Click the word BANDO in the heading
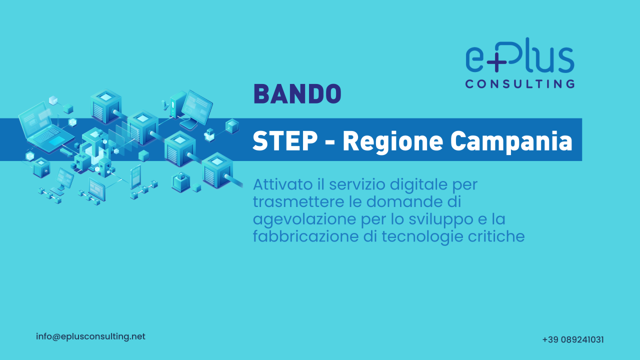tap(297, 93)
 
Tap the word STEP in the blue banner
tap(285, 141)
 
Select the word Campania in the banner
tap(511, 142)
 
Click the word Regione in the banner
tap(393, 142)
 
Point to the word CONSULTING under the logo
tap(520, 83)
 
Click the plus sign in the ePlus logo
tap(496, 62)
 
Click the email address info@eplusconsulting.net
tap(90, 336)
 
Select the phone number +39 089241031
tap(573, 339)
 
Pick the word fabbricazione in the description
tap(305, 236)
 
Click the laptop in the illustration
tap(45, 127)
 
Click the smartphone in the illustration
tap(135, 176)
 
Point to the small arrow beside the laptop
tap(66, 152)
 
